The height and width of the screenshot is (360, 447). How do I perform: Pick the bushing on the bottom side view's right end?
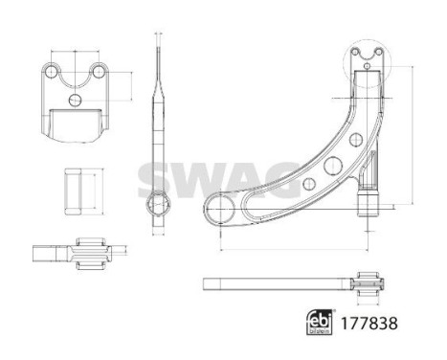(x=366, y=283)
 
